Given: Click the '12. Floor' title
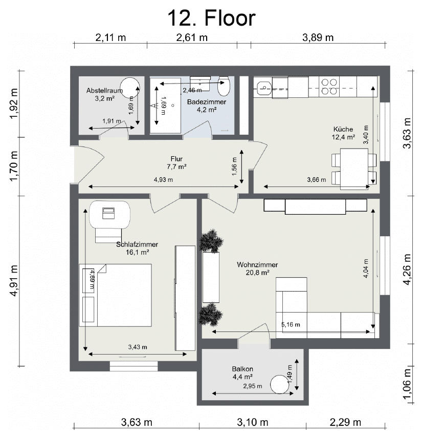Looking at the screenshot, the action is click(x=212, y=18).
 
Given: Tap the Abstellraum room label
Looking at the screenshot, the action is click(x=104, y=91).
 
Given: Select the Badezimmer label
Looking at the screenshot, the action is click(x=207, y=102).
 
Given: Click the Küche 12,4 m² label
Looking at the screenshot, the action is click(x=343, y=133).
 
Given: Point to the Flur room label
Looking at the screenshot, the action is click(x=176, y=159).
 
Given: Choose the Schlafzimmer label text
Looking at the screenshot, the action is click(x=137, y=244).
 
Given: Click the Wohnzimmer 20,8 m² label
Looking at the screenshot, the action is click(x=257, y=268).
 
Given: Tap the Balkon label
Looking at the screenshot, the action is click(x=242, y=369).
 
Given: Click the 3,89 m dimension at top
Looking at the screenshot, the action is click(x=318, y=37).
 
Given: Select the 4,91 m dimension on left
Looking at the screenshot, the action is click(x=14, y=281).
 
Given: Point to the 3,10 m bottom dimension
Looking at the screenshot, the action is click(x=253, y=422).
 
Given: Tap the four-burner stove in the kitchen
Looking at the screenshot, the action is click(x=329, y=87).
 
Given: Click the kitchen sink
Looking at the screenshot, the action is click(x=264, y=88).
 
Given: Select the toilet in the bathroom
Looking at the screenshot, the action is click(x=224, y=86).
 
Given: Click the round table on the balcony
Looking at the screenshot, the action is click(x=279, y=384).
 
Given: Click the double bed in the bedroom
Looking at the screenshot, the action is click(x=115, y=295).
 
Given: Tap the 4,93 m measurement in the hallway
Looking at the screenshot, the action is click(x=163, y=180).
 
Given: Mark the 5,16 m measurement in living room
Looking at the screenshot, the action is click(x=291, y=325).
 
